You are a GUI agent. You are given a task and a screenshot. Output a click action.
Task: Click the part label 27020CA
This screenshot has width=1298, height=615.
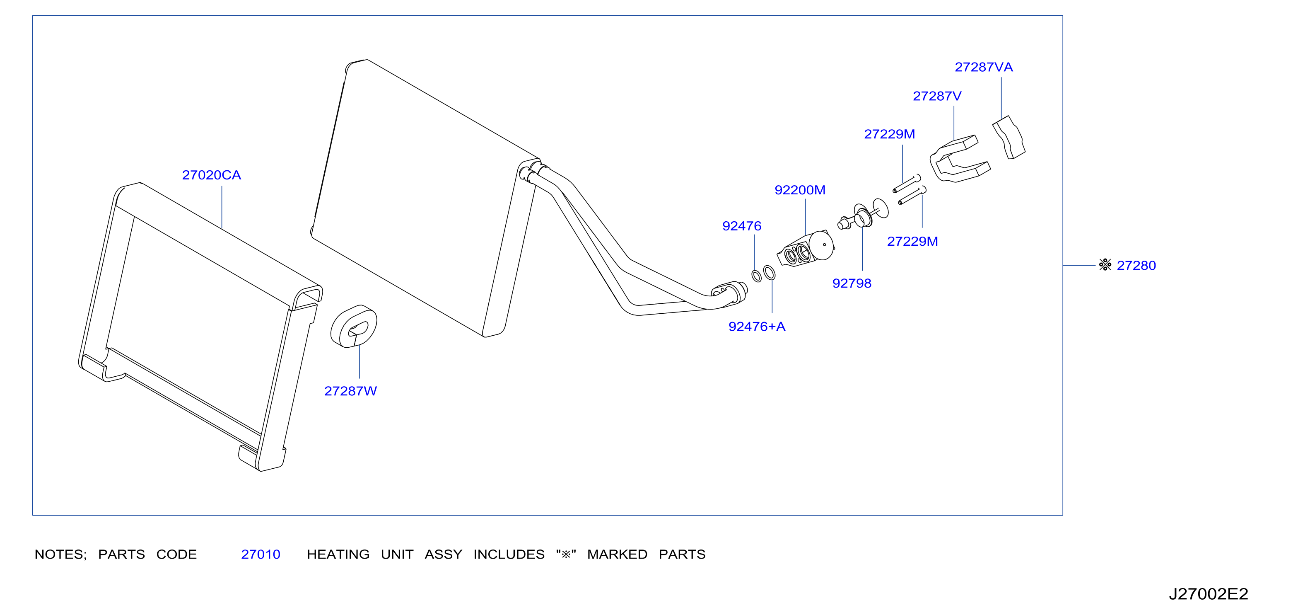click(211, 175)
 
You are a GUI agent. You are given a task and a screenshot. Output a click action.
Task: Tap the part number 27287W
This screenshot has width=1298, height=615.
click(350, 391)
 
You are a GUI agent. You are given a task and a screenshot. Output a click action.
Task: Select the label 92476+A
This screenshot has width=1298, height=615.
click(757, 327)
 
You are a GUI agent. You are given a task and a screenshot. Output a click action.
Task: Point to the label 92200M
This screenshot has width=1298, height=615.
click(800, 190)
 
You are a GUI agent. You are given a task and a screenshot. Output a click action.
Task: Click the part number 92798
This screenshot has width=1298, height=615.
click(852, 283)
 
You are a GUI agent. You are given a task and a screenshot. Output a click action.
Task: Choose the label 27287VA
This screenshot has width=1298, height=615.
click(984, 67)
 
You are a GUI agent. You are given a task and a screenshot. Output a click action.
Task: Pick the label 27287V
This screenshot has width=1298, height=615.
click(937, 96)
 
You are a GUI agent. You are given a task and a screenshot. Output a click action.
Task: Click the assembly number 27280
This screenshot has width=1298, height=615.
click(1136, 265)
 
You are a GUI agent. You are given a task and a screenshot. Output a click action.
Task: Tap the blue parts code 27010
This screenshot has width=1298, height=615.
click(261, 554)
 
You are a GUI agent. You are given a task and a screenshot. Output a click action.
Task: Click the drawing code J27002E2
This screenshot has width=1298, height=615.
click(1208, 594)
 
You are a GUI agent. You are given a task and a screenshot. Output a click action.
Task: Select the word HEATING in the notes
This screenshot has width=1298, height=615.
click(338, 554)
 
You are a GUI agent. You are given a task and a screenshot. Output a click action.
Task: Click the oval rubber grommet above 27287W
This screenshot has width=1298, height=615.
click(354, 326)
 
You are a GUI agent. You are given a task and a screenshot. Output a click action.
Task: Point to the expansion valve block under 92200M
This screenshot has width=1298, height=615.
click(805, 249)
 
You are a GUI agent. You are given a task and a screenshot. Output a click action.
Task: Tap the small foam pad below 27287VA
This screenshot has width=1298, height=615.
click(1009, 137)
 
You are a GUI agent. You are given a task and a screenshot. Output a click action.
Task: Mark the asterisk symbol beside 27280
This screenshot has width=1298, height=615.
click(1105, 265)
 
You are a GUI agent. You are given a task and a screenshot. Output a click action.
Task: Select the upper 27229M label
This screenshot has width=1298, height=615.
click(889, 134)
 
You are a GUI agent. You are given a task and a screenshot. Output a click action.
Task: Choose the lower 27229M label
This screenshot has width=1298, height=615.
click(912, 242)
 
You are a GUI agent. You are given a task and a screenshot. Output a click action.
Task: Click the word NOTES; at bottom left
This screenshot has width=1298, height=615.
click(60, 554)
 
